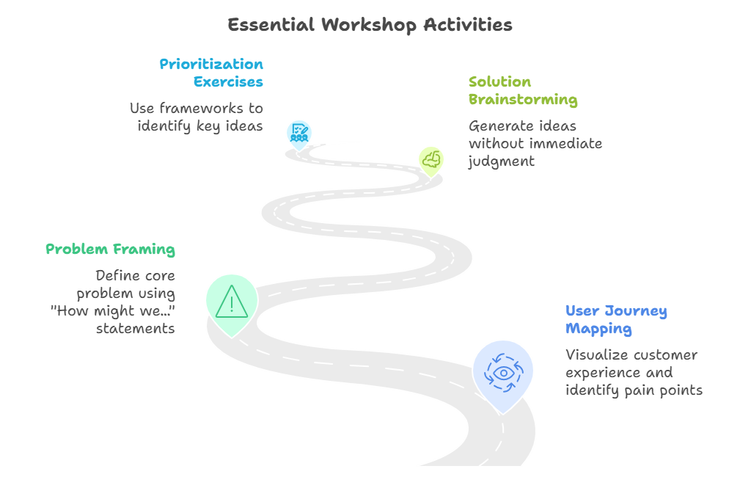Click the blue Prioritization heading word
[x=211, y=64]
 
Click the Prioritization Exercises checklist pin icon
[x=298, y=133]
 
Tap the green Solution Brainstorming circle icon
[x=431, y=159]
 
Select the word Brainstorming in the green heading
[x=523, y=99]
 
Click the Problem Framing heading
[x=110, y=250]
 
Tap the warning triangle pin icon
[x=232, y=302]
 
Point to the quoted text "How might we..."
[x=112, y=311]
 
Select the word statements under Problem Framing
[x=135, y=329]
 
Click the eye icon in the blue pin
[x=503, y=372]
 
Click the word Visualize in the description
[x=597, y=355]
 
